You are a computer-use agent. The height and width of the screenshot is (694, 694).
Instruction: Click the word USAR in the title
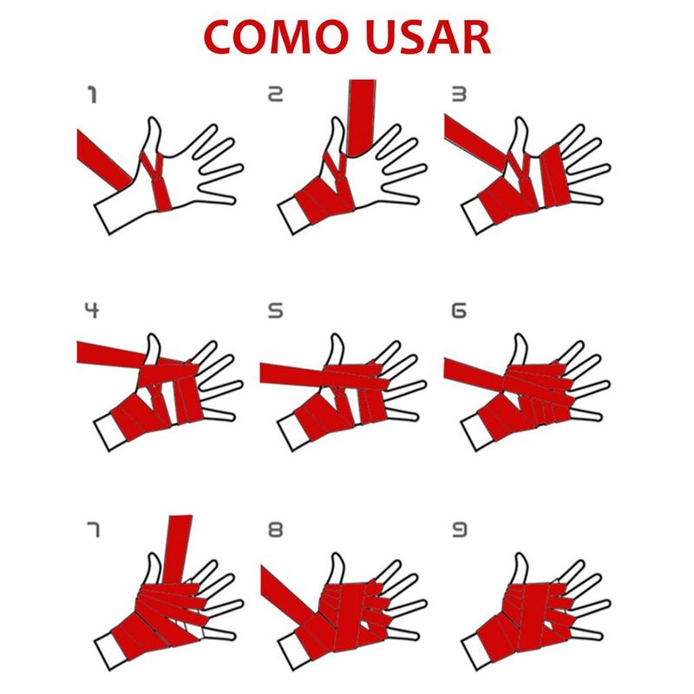[x=429, y=37]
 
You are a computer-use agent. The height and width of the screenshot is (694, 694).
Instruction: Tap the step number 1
[x=93, y=95]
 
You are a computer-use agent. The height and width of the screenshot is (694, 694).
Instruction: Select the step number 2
[x=275, y=95]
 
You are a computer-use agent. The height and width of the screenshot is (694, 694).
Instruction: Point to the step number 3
[x=459, y=95]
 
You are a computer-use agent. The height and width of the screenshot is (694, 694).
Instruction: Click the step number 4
[x=92, y=311]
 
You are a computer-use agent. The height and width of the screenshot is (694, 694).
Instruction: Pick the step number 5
[x=275, y=311]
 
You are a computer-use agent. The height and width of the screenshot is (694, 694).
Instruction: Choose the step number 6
[x=459, y=311]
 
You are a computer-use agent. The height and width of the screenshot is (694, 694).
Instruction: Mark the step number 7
[x=93, y=530]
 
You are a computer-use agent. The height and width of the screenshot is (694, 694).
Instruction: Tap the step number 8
[x=275, y=529]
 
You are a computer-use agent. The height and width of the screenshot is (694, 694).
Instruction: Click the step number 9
[x=459, y=529]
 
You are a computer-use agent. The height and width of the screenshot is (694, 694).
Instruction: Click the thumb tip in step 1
[x=154, y=119]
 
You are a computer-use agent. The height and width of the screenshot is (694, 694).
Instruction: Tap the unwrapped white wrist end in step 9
[x=475, y=652]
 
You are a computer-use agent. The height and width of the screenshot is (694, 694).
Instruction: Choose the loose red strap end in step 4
[x=111, y=353]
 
